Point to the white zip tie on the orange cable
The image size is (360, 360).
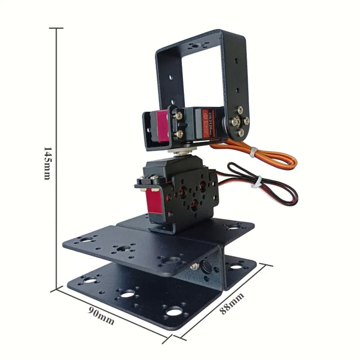coord(254,152)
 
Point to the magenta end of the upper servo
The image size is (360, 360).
coord(161,127)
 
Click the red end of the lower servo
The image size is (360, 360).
coord(153,203)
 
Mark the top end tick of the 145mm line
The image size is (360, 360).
coord(56,28)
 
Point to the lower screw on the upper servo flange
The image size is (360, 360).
coord(180,134)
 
